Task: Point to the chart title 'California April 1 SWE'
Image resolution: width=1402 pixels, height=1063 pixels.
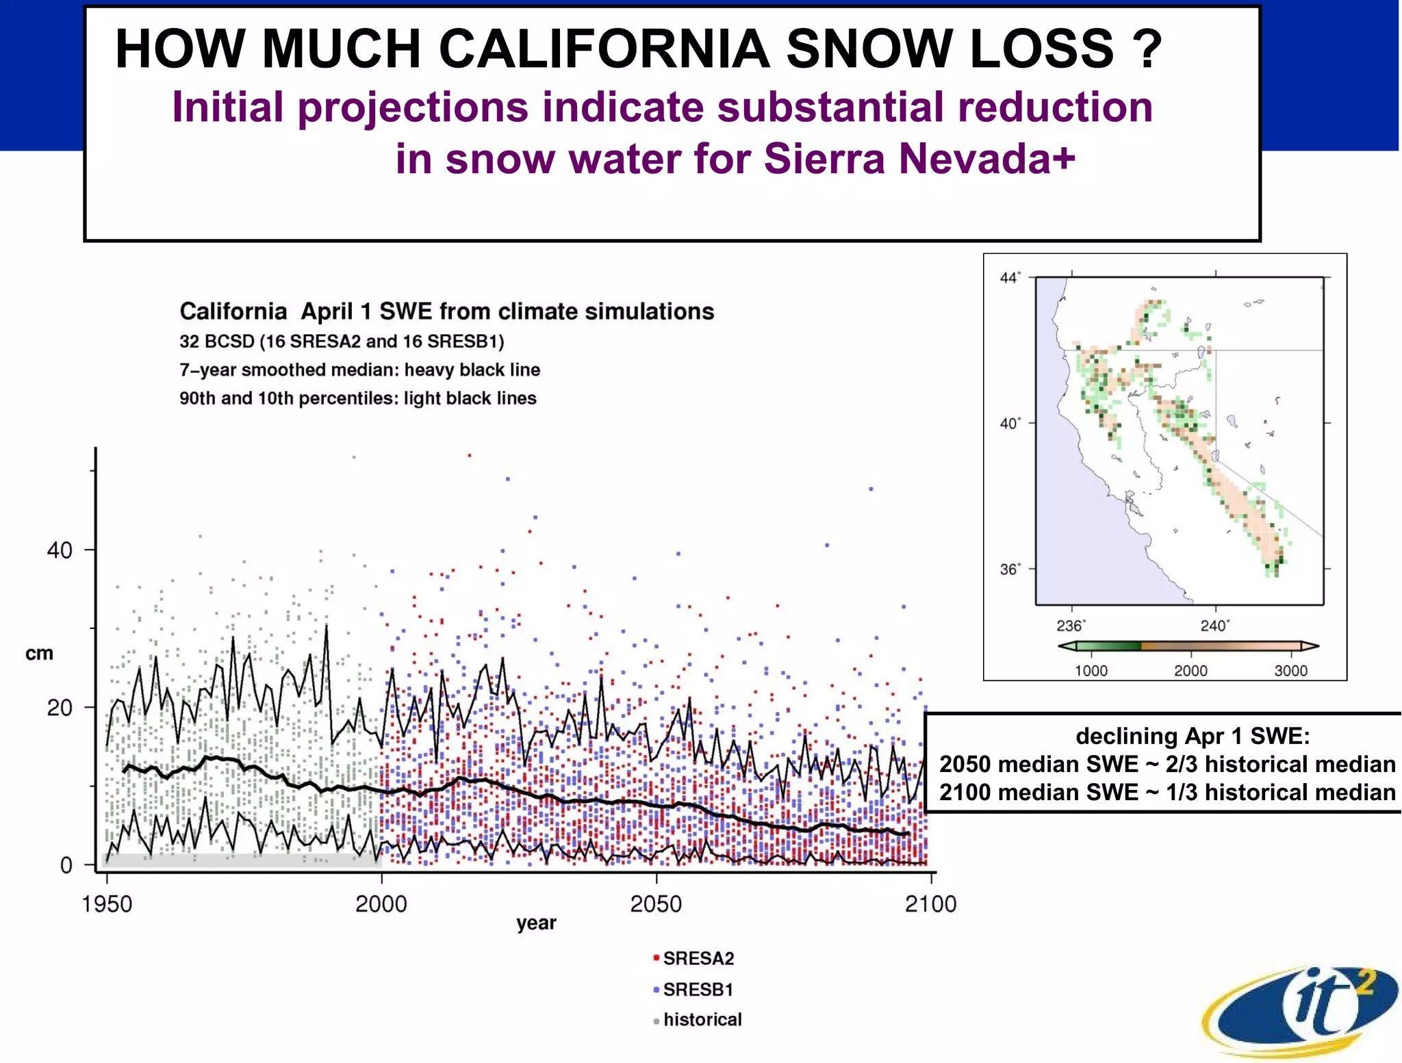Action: [x=446, y=311]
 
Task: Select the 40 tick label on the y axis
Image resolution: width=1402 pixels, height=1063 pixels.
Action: [x=60, y=550]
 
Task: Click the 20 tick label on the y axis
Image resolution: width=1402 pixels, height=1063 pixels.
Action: [x=60, y=708]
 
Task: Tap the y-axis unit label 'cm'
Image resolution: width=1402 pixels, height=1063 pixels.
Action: [x=39, y=653]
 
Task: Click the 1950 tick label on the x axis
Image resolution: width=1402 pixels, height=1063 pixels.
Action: [x=107, y=904]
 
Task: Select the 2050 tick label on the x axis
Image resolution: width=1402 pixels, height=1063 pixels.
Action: [x=656, y=904]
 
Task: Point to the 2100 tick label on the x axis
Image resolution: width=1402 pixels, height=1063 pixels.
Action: [x=930, y=904]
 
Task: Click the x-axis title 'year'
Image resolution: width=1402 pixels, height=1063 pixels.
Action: [x=536, y=923]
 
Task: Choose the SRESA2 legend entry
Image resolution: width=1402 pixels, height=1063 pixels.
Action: [x=697, y=958]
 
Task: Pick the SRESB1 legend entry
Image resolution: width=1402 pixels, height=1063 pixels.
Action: [x=697, y=990]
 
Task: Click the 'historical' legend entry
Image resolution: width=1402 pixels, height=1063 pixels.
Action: [x=701, y=1020]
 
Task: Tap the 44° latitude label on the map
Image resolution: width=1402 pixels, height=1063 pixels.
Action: [x=1010, y=277]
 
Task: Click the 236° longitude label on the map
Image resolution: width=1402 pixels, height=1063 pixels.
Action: [x=1070, y=626]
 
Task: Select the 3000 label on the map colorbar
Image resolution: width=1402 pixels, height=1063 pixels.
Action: [x=1290, y=671]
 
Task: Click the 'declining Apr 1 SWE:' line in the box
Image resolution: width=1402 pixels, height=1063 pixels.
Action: [x=1193, y=736]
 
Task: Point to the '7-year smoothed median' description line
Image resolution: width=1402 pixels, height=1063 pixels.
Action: [x=359, y=370]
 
